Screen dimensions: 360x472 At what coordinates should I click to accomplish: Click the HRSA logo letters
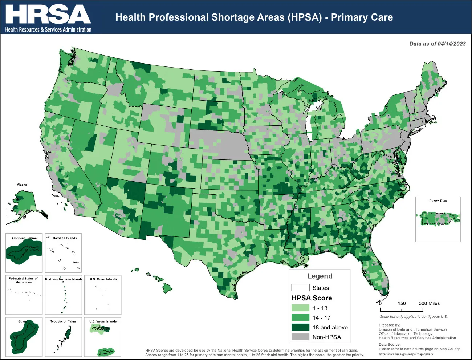click(48, 15)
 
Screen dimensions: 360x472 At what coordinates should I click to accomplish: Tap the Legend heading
click(320, 276)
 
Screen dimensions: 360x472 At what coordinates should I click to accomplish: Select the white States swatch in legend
click(300, 288)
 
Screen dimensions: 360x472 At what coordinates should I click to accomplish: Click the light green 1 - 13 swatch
click(300, 308)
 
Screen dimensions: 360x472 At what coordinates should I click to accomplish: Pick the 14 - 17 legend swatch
click(300, 317)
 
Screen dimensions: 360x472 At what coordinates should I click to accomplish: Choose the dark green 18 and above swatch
click(300, 327)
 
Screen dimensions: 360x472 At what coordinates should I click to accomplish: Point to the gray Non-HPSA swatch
click(300, 337)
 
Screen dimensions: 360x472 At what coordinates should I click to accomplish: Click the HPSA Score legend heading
click(312, 298)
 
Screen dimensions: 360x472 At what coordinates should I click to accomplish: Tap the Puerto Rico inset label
click(438, 201)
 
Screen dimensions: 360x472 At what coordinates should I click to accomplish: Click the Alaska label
click(22, 185)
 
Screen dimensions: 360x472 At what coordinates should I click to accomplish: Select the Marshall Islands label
click(65, 238)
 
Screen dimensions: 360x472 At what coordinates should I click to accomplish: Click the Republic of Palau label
click(63, 321)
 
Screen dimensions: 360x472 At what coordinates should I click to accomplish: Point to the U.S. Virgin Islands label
click(103, 321)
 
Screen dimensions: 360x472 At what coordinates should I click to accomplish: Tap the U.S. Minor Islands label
click(103, 279)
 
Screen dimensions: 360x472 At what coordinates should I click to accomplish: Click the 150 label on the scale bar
click(402, 303)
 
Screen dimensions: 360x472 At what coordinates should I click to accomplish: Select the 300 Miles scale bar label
click(429, 303)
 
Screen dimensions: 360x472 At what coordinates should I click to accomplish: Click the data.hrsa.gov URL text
click(406, 354)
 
